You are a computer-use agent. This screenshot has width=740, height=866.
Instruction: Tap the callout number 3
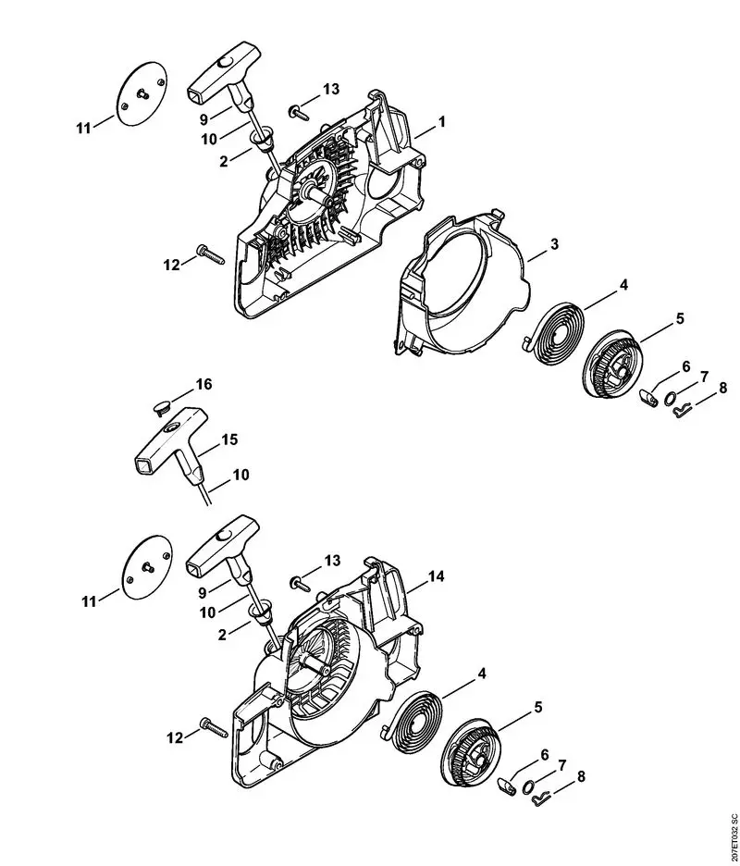553,244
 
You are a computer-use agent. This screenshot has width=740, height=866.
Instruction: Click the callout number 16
203,384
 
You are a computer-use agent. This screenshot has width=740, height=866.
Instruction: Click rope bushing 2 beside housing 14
262,611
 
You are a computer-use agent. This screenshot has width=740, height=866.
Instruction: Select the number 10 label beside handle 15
239,475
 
